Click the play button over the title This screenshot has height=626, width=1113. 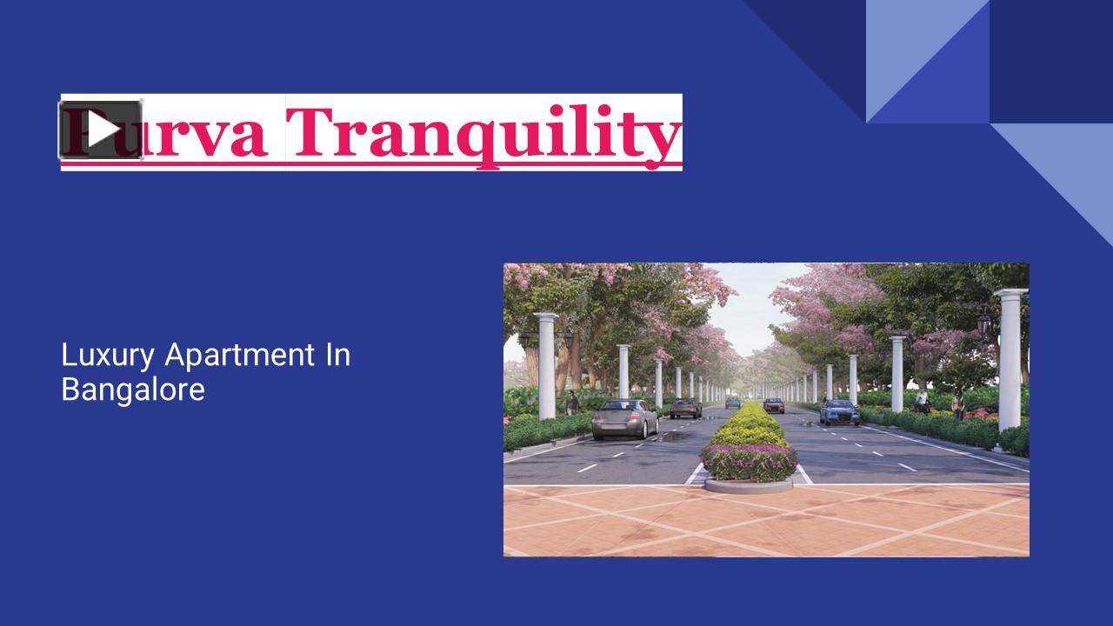pyautogui.click(x=101, y=130)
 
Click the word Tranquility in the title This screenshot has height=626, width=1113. pyautogui.click(x=483, y=133)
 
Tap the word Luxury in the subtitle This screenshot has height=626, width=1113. pyautogui.click(x=109, y=355)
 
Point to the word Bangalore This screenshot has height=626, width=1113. pyautogui.click(x=133, y=389)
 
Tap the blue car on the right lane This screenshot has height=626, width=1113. pyautogui.click(x=839, y=411)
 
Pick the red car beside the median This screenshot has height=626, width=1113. pyautogui.click(x=774, y=405)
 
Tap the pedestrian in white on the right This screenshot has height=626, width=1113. pyautogui.click(x=922, y=401)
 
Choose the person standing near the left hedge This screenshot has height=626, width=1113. pyautogui.click(x=571, y=402)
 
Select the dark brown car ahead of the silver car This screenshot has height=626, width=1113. pyautogui.click(x=686, y=407)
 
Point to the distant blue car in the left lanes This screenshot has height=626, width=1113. pyautogui.click(x=733, y=403)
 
